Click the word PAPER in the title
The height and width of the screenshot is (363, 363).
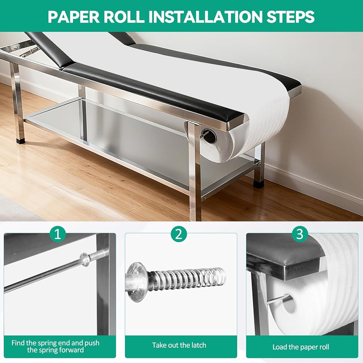click(x=70, y=17)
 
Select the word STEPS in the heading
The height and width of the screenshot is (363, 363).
click(x=290, y=17)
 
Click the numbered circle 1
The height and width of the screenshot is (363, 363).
click(x=58, y=234)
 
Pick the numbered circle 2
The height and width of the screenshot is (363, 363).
click(x=179, y=234)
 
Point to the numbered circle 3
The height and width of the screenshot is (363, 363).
click(x=300, y=234)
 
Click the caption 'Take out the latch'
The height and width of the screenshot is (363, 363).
click(x=179, y=345)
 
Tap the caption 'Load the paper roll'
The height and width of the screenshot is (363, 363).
click(x=301, y=347)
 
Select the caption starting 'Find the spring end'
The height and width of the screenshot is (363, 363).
click(x=55, y=346)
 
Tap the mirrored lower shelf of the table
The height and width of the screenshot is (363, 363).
click(x=130, y=139)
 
